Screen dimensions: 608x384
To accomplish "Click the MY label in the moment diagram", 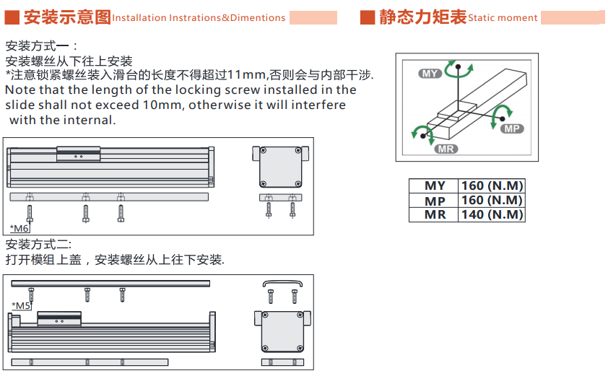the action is pyautogui.click(x=430, y=74).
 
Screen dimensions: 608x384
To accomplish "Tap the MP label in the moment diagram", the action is pyautogui.click(x=512, y=128).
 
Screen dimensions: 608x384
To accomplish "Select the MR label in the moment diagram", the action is pyautogui.click(x=446, y=149).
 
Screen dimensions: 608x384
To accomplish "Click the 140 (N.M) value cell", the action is pyautogui.click(x=492, y=214).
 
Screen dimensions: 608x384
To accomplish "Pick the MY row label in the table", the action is pyautogui.click(x=435, y=186).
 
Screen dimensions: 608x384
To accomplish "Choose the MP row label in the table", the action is pyautogui.click(x=435, y=201).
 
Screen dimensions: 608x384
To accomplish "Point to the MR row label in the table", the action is pyautogui.click(x=435, y=214).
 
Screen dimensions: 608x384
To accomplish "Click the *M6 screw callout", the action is pyautogui.click(x=19, y=228).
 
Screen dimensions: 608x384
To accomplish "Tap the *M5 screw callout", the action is pyautogui.click(x=21, y=306).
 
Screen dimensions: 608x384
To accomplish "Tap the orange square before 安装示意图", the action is pyautogui.click(x=12, y=17).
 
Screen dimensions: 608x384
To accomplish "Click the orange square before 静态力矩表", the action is pyautogui.click(x=368, y=17).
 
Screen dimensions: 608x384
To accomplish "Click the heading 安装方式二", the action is pyautogui.click(x=38, y=245).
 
